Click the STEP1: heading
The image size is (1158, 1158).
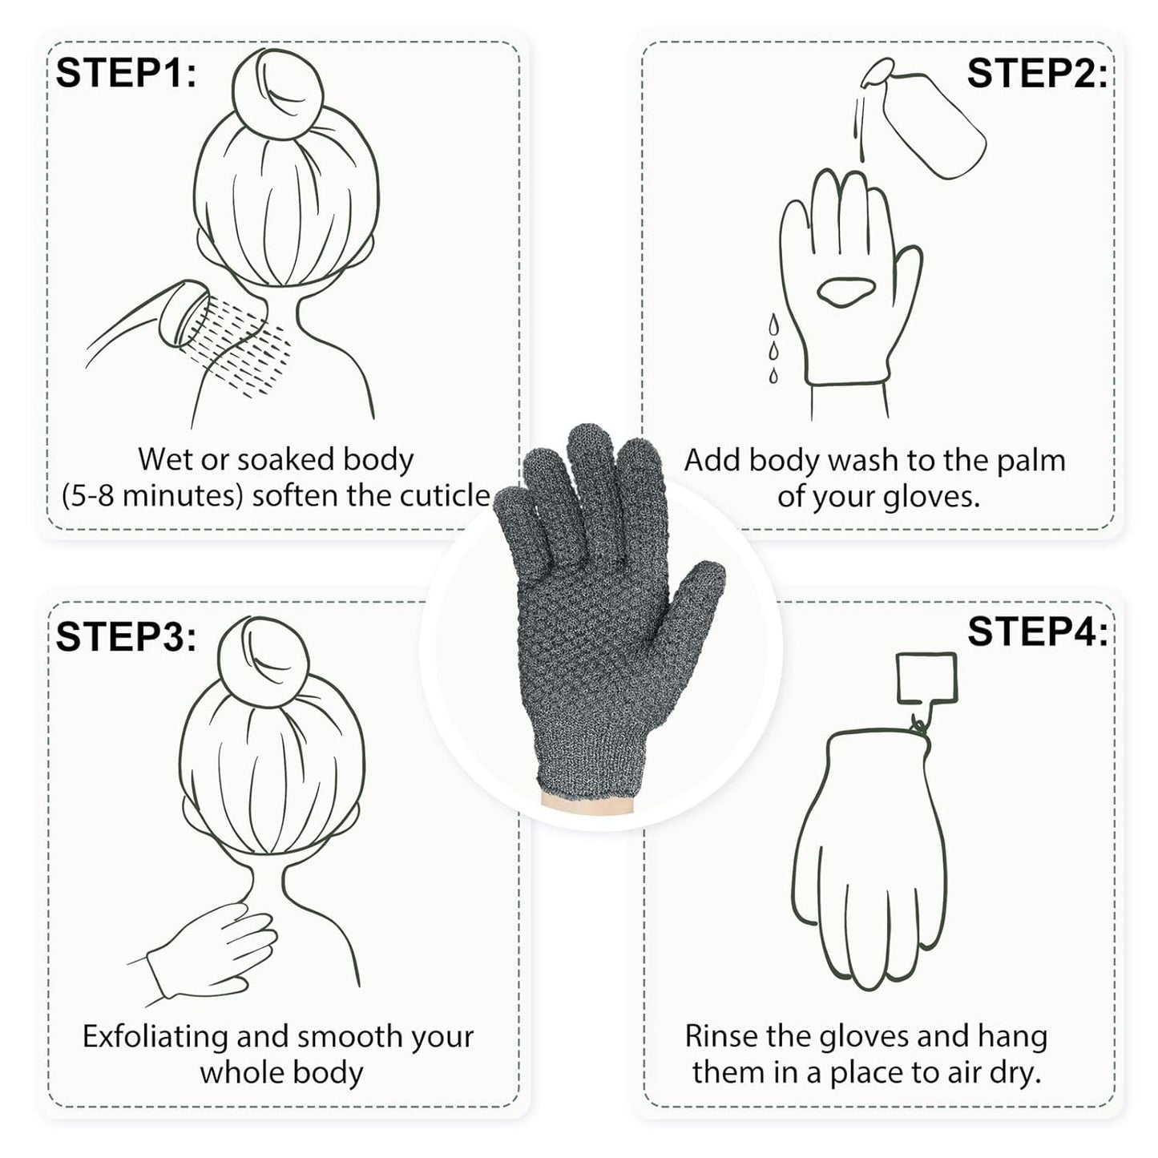[x=126, y=74]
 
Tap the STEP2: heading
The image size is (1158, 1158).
[x=1036, y=74]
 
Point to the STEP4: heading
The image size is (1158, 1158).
[x=1037, y=631]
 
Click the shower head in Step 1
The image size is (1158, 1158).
[x=183, y=314]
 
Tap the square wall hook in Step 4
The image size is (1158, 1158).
[x=926, y=676]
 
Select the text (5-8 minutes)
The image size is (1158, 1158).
[x=151, y=496]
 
